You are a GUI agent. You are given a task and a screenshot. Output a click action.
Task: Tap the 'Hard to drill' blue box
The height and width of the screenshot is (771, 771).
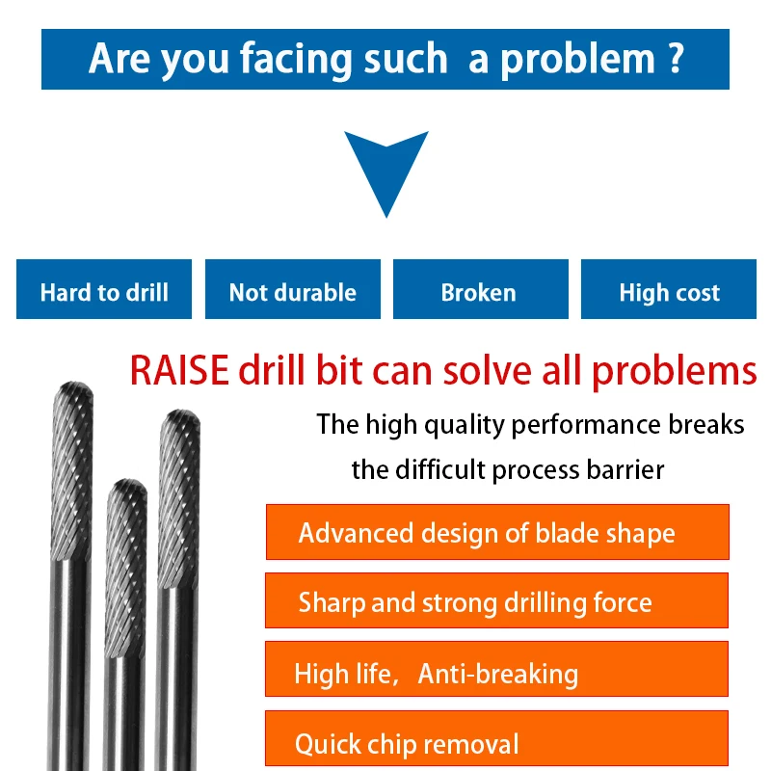(x=104, y=290)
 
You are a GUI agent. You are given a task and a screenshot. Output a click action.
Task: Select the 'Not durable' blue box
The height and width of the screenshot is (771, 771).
(x=293, y=290)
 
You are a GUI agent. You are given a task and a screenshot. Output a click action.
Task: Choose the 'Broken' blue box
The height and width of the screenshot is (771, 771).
(x=479, y=290)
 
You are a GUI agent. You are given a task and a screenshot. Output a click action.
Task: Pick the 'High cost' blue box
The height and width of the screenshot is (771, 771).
(x=669, y=290)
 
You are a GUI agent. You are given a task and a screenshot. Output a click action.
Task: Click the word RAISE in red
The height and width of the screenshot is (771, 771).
(x=179, y=370)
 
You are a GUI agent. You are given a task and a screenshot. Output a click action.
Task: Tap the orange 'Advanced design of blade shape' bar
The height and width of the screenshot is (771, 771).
(x=496, y=532)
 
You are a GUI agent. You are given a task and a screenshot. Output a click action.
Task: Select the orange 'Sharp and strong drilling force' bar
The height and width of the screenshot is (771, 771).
(x=496, y=602)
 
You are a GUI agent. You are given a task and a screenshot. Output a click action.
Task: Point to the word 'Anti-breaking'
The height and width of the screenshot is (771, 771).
(x=497, y=673)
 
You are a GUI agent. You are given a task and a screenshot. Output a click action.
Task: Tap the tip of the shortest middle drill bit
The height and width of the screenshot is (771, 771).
(x=126, y=486)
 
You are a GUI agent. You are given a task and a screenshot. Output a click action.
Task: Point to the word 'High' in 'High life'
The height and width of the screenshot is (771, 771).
(x=320, y=673)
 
